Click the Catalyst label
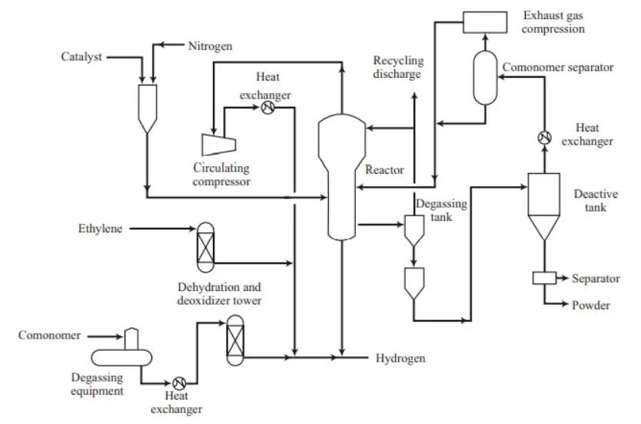[81, 56]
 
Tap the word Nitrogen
[210, 46]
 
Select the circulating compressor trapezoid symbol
[219, 145]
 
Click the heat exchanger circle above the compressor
[267, 108]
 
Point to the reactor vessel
[342, 176]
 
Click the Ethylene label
[100, 229]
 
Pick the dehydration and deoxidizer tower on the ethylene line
[205, 247]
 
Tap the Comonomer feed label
[49, 336]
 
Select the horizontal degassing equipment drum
[121, 357]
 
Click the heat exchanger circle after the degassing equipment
[179, 383]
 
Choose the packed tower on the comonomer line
[235, 340]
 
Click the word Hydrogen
[400, 358]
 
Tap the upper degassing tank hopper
[414, 230]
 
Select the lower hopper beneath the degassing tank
[414, 283]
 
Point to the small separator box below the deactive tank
[544, 279]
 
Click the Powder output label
[591, 305]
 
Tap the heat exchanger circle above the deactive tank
[544, 138]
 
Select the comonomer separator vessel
[485, 78]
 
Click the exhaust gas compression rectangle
[485, 22]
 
